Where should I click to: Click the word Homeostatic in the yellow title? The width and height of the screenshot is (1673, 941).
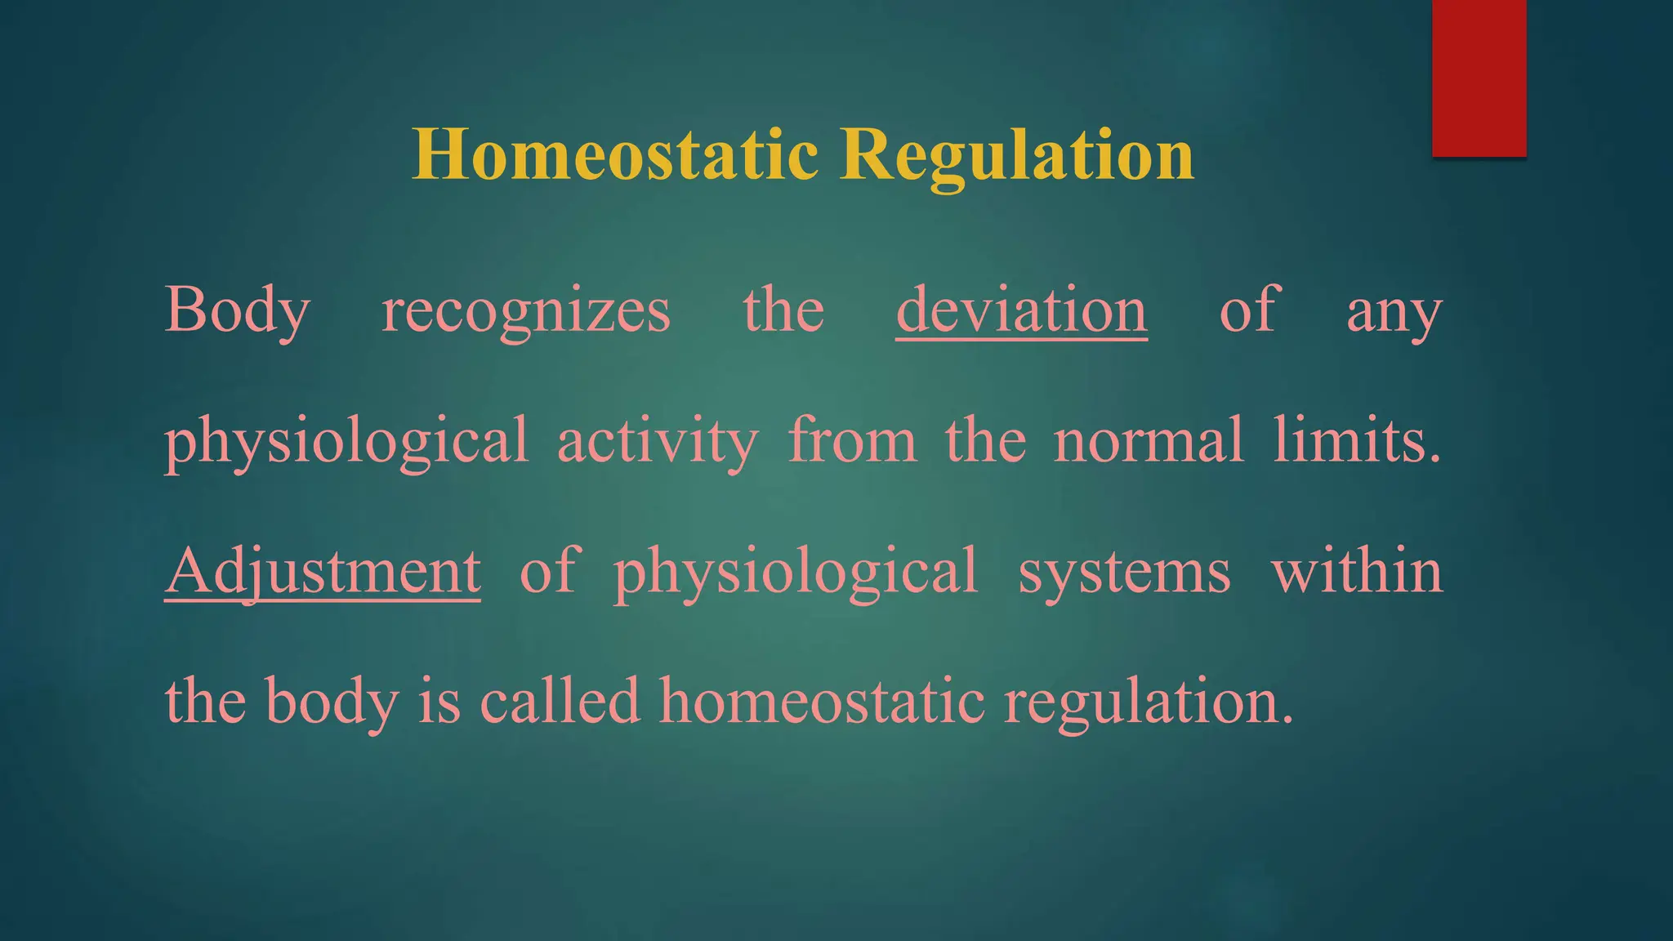(614, 155)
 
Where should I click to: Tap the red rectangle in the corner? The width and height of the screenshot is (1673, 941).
(1479, 78)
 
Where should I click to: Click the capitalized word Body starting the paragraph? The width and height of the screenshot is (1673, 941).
(238, 311)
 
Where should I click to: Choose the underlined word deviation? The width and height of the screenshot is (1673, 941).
(1021, 310)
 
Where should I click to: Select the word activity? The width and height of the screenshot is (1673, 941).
(658, 441)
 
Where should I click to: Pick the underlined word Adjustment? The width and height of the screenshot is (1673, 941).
(323, 571)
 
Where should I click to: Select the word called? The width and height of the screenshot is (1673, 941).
(560, 701)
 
